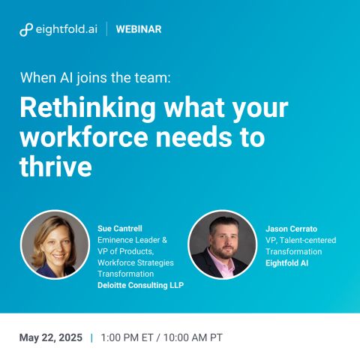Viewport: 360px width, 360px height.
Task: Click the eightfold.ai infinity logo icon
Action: point(26,29)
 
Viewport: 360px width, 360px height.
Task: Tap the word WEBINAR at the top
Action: point(139,29)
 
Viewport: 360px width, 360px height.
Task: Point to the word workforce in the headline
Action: point(84,137)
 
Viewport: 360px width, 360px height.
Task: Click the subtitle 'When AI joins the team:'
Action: point(95,77)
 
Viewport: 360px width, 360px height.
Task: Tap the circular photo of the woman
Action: point(55,244)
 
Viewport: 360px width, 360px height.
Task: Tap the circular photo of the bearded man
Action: point(223,244)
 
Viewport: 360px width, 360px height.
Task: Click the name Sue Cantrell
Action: point(120,228)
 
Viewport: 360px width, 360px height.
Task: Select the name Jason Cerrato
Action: point(291,229)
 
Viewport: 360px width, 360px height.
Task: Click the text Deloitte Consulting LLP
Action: point(140,285)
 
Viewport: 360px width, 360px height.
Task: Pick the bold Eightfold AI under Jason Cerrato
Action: point(286,263)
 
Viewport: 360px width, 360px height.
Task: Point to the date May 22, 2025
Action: point(51,337)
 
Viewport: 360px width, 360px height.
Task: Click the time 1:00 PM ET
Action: point(127,337)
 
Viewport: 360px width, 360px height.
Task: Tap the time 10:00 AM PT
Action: point(193,337)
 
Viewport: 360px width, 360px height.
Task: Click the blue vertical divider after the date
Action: point(91,337)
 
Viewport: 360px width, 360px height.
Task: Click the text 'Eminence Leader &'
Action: point(132,240)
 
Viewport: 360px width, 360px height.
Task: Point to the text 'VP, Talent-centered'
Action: point(301,240)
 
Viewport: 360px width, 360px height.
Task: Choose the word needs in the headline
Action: point(193,137)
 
